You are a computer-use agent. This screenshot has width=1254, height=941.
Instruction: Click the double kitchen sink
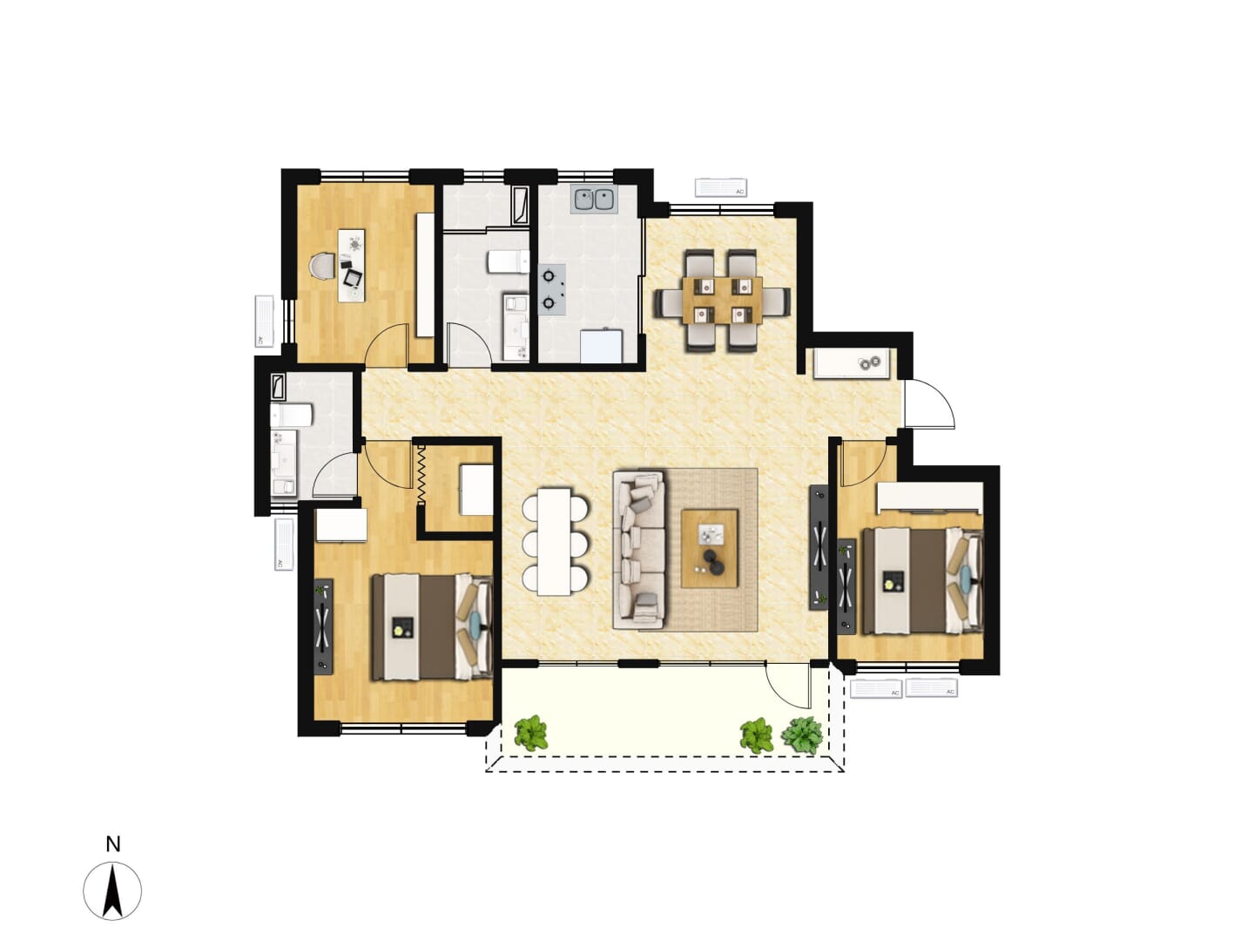[x=594, y=200]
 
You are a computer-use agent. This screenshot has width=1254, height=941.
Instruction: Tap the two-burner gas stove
[x=551, y=289]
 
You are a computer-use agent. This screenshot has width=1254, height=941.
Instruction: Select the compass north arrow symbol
[x=112, y=891]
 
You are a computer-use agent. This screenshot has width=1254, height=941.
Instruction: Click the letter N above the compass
[x=113, y=844]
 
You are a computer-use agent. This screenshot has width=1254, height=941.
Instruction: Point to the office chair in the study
[x=321, y=267]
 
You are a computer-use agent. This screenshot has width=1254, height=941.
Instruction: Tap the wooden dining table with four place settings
[x=722, y=301]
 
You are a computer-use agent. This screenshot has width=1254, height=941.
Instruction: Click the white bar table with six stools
[x=554, y=541]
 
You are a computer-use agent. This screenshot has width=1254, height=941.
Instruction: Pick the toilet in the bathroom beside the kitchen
[x=508, y=261]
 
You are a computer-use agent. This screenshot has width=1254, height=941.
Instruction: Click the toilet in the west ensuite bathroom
[x=291, y=415]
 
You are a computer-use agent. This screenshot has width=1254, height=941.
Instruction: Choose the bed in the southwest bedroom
[x=432, y=626]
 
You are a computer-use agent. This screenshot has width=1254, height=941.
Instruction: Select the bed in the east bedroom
[x=922, y=581]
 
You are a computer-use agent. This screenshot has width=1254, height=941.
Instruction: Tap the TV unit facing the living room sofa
[x=819, y=547]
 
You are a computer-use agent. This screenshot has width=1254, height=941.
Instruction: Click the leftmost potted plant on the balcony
[x=530, y=733]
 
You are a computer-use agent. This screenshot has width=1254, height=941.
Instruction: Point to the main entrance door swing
[x=928, y=403]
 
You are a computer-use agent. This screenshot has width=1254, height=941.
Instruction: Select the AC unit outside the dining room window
[x=720, y=187]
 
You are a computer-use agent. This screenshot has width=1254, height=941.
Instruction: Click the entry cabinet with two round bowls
[x=851, y=362]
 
